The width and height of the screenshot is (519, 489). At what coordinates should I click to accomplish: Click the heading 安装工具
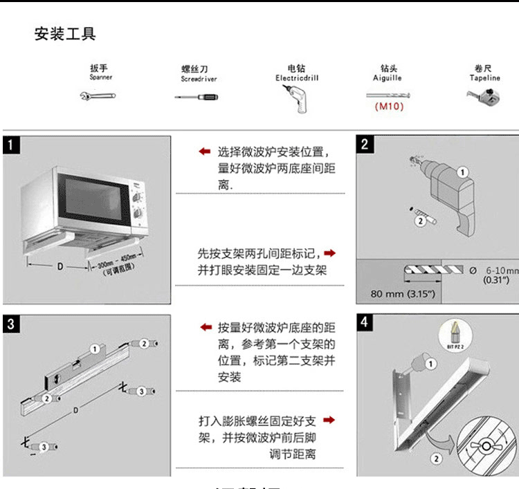pos(65,34)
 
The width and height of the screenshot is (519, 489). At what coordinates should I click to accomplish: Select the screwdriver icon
pos(196,97)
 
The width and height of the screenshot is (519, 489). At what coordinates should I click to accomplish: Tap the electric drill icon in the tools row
pos(295,99)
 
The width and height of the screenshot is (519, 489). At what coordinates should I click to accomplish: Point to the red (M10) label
pos(389,107)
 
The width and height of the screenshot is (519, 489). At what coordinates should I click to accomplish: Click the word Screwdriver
pos(199,80)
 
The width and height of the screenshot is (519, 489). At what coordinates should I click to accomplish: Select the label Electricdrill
pos(296,79)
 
